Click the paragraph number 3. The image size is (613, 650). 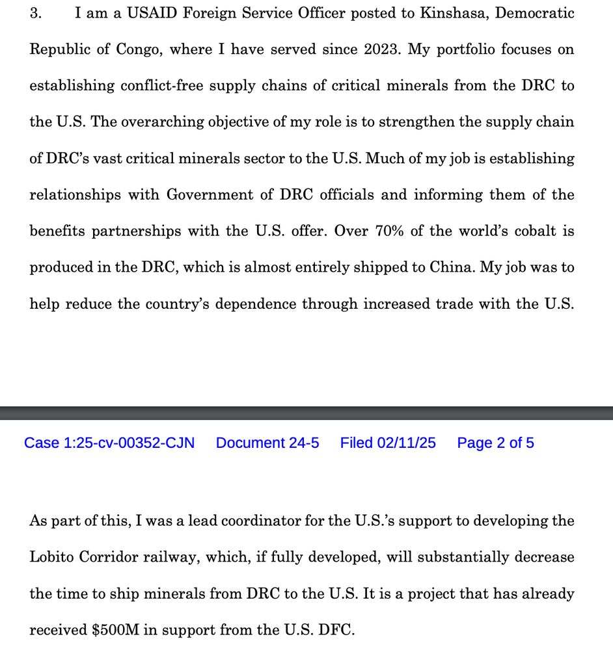click(36, 14)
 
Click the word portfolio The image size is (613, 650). click(463, 50)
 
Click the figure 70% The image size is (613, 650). click(389, 231)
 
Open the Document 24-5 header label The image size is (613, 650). click(267, 443)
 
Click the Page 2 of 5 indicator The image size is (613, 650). click(495, 443)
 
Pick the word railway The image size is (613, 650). click(167, 558)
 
